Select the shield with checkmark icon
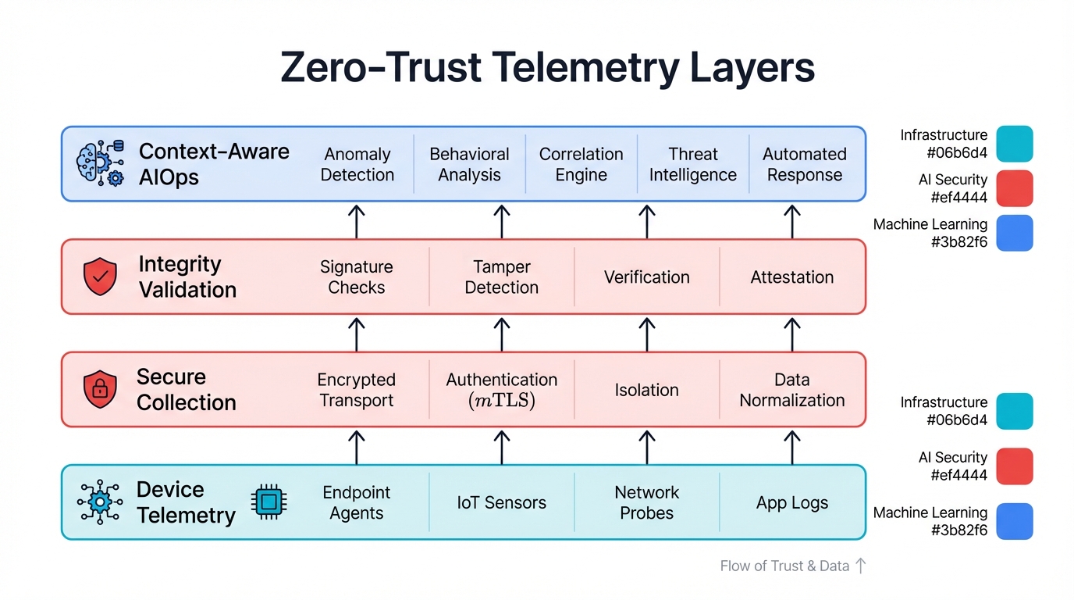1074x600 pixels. pos(100,277)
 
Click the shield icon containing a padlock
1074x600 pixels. pos(100,389)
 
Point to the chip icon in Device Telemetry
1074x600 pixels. pos(268,502)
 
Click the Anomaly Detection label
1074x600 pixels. pos(357,164)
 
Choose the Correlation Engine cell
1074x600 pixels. pos(581,164)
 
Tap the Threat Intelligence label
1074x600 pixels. pos(692,164)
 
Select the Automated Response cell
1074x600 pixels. pos(804,164)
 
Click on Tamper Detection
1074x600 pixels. pos(501,277)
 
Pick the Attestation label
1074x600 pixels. pos(791,277)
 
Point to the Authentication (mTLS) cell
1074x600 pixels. pos(501,390)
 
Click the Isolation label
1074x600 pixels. pos(646,390)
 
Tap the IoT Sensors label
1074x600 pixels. pos(501,503)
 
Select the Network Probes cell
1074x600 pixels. pos(646,502)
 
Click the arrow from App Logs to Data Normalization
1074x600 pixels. pos(791,447)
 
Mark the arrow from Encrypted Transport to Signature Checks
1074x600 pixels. pos(357,334)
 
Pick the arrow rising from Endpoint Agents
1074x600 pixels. pos(357,447)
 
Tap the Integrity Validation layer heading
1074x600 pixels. pos(187,277)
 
